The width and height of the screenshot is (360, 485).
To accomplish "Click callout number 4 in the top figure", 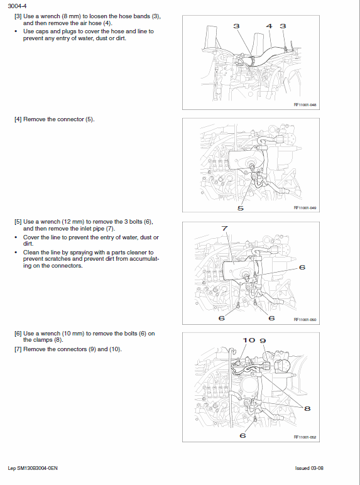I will (x=269, y=26).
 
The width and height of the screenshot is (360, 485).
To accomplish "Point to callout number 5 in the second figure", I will (x=241, y=207).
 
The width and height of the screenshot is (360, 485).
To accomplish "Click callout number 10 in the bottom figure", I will (x=249, y=340).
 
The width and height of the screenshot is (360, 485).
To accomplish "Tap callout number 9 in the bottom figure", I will (x=263, y=340).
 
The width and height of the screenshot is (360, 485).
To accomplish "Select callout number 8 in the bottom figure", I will (x=307, y=408).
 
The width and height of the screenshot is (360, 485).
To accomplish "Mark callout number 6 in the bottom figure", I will (x=243, y=435).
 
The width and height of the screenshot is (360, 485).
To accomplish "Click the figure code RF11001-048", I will (x=305, y=106).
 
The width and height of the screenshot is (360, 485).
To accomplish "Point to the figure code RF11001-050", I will (x=305, y=320).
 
